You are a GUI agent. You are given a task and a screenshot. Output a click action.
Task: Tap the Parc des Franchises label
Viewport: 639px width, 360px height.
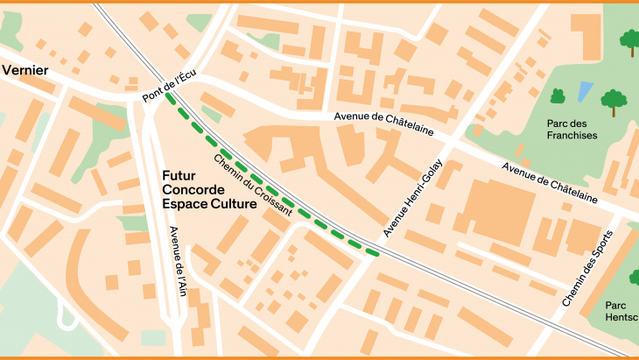point(572,130)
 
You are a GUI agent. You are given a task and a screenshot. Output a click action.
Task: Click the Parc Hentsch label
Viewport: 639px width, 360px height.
point(621,312)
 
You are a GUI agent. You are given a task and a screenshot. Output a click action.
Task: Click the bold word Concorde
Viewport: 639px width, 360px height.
point(193,189)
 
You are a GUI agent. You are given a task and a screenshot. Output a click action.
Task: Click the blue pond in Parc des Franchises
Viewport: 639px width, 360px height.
point(585,89)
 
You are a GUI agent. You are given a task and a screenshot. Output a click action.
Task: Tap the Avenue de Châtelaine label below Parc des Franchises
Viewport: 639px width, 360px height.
point(550,183)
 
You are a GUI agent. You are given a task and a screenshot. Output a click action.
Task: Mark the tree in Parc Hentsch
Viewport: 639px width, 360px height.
point(634,278)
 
